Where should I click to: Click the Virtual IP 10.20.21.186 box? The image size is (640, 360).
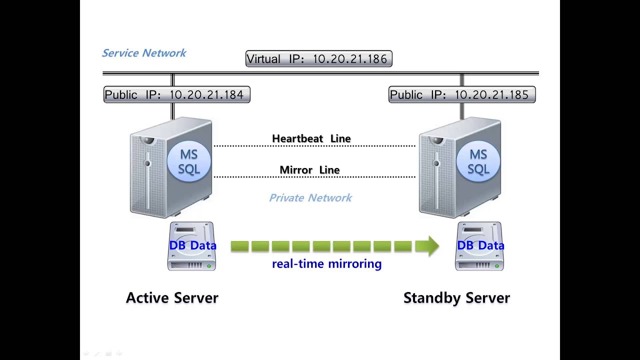319,59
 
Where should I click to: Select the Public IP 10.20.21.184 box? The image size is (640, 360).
176,94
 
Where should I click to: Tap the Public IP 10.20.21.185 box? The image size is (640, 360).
461,94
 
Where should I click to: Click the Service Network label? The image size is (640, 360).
144,53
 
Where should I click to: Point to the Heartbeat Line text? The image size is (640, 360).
311,138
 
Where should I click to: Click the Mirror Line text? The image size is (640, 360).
309,170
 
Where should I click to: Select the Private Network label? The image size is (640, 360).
310,198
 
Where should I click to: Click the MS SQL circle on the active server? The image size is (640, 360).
189,161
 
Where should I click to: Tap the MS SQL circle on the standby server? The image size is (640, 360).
478,161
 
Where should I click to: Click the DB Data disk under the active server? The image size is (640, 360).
191,246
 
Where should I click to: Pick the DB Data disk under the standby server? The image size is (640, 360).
479,246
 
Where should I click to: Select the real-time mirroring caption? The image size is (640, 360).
326,264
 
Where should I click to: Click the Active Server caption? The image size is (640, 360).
172,298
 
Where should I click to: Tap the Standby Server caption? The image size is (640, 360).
456,298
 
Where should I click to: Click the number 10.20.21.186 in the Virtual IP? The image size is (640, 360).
349,59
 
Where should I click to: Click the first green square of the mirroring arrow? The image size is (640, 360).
239,246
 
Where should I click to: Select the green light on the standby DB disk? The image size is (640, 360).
497,266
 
